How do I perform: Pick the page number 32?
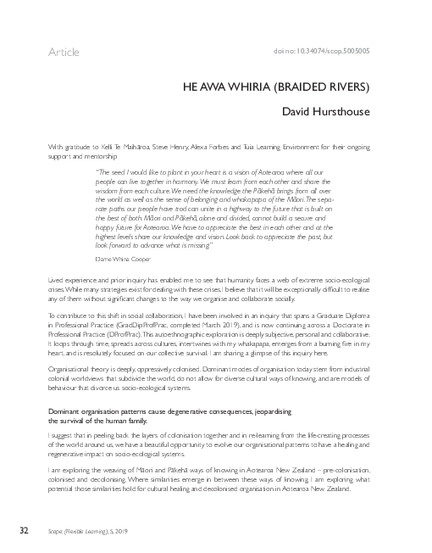point(25,530)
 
